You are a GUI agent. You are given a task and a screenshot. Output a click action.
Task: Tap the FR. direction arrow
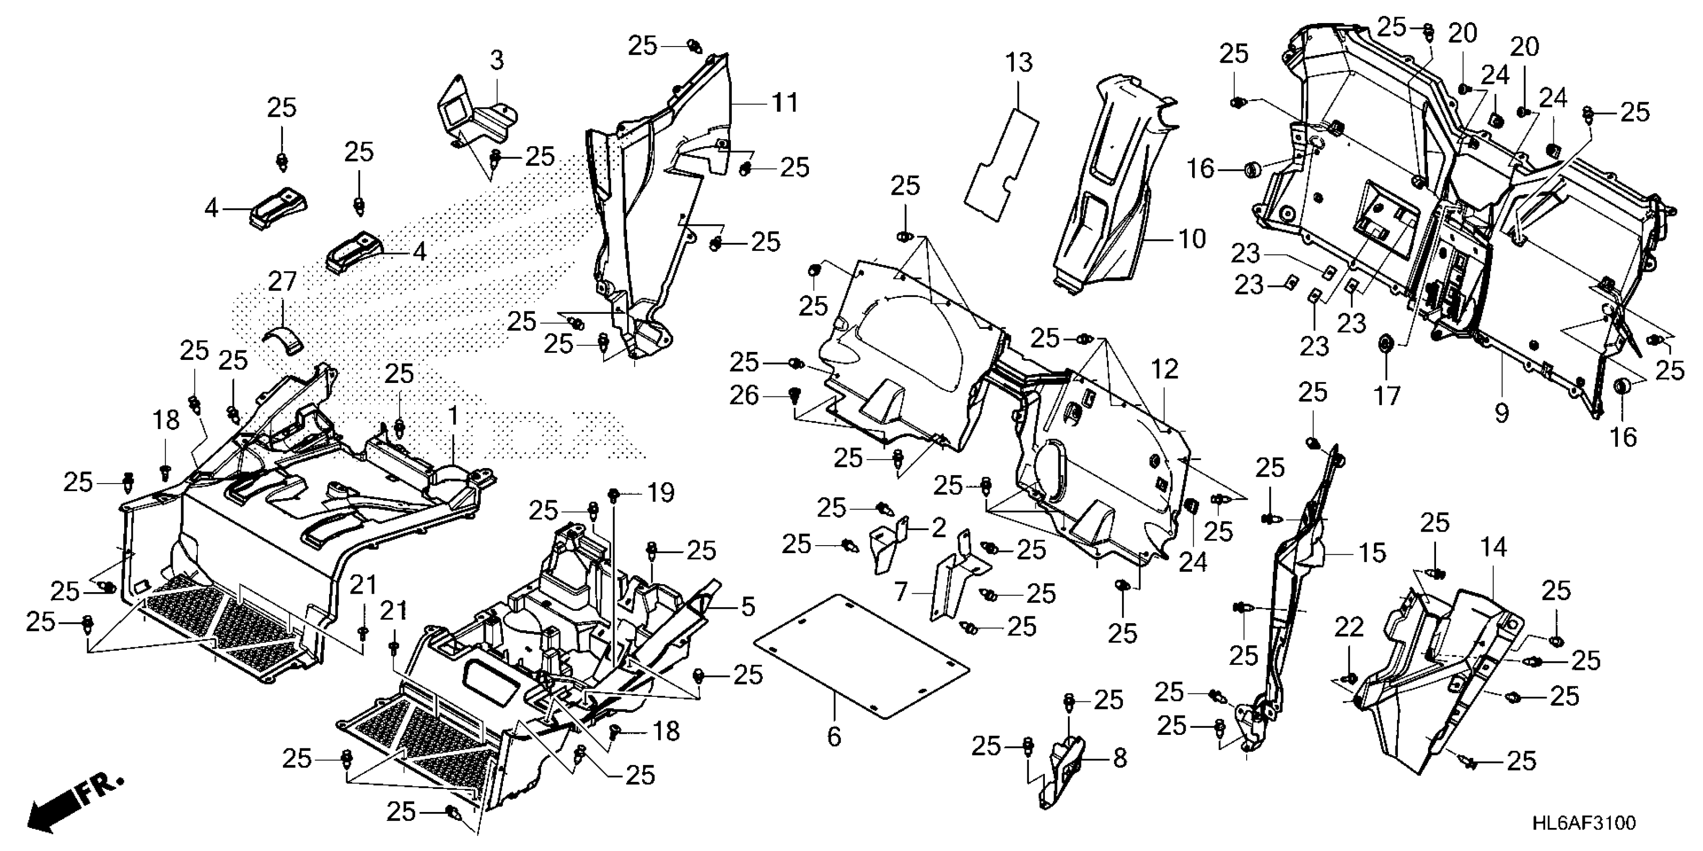click(66, 809)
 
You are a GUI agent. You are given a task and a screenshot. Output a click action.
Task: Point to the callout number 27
click(282, 283)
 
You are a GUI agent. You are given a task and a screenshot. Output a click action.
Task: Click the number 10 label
click(1192, 239)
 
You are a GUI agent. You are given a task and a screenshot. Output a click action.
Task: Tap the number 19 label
click(660, 493)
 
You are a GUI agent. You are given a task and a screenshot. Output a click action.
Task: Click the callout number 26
click(744, 396)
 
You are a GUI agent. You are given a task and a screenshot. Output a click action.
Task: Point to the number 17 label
click(1386, 396)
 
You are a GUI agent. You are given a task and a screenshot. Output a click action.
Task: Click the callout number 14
click(1493, 548)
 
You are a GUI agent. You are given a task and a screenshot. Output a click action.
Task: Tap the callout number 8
click(1119, 758)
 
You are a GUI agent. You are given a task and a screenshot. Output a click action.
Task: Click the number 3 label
click(496, 61)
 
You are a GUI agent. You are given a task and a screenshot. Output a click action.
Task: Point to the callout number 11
click(785, 103)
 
